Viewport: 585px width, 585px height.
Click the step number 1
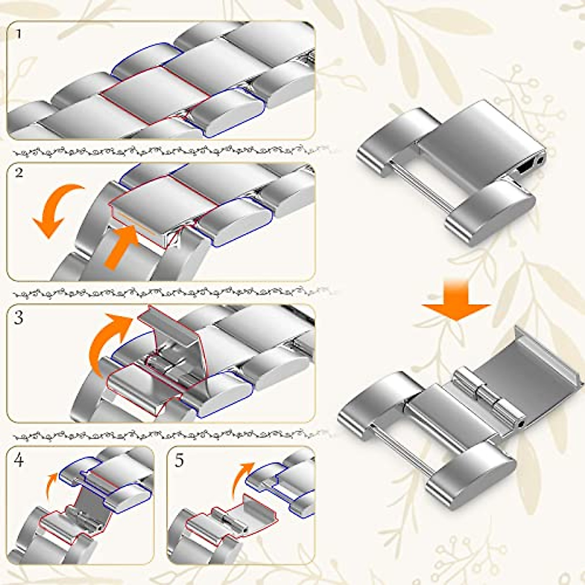[19, 35]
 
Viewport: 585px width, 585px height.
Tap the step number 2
[19, 173]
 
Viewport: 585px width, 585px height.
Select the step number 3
[19, 318]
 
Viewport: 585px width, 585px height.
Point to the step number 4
[19, 460]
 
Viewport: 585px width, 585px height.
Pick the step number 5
[179, 460]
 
